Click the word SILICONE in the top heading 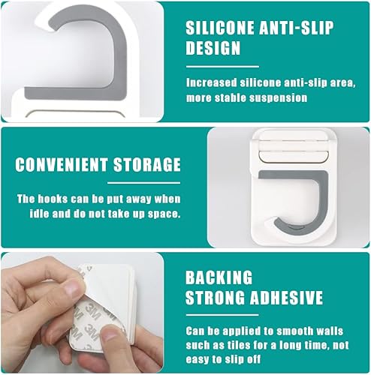click(x=220, y=28)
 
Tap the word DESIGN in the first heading click(x=213, y=48)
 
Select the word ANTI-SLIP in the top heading click(x=297, y=28)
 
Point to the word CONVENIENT click(x=62, y=164)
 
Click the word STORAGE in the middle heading click(x=147, y=164)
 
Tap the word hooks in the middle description click(x=53, y=199)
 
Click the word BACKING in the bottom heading click(x=219, y=277)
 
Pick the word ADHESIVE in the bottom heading click(x=286, y=298)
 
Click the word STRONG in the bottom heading click(x=216, y=298)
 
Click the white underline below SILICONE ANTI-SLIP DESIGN click(x=222, y=67)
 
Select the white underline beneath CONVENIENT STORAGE click(x=144, y=183)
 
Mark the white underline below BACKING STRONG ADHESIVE click(x=222, y=315)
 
